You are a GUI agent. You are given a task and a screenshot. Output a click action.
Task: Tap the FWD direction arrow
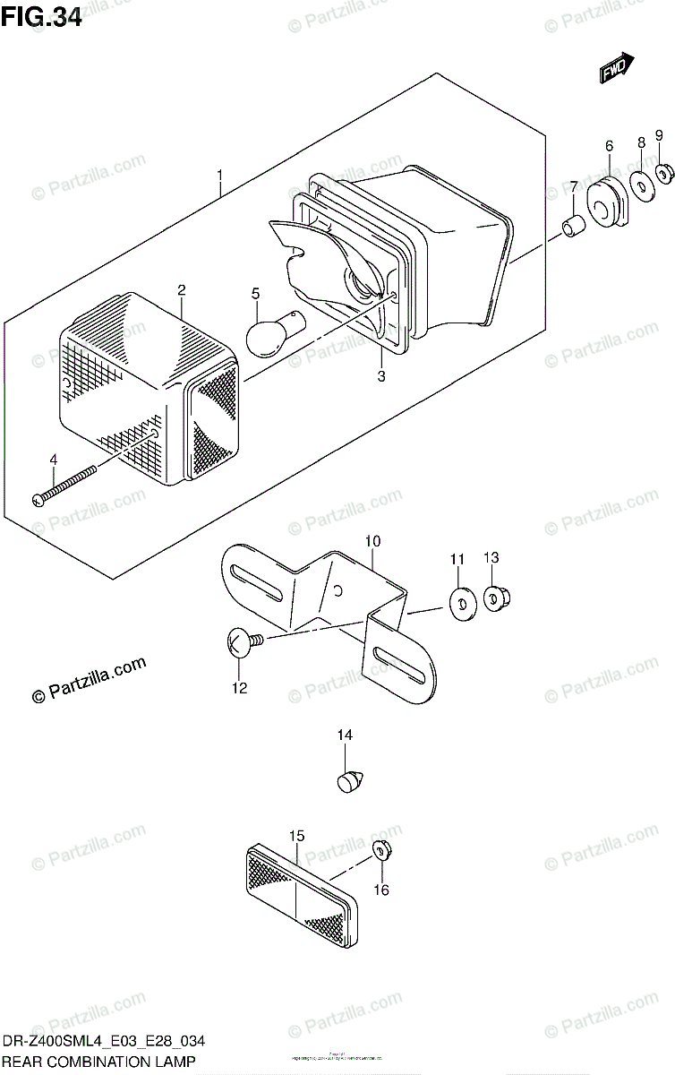coord(617,68)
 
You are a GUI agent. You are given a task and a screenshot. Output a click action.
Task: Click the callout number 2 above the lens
coord(181,290)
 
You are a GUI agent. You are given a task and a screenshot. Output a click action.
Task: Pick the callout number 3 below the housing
coord(380,376)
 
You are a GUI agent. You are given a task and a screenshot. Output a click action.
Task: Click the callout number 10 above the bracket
coord(372,541)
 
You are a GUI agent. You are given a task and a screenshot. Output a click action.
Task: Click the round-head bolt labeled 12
coord(240,642)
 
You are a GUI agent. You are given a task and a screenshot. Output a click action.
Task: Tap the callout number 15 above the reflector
coord(296,836)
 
